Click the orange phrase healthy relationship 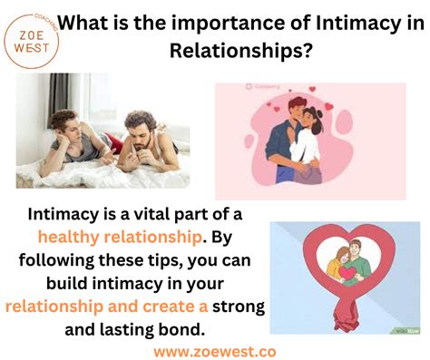pos(120,237)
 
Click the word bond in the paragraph pos(191,328)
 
